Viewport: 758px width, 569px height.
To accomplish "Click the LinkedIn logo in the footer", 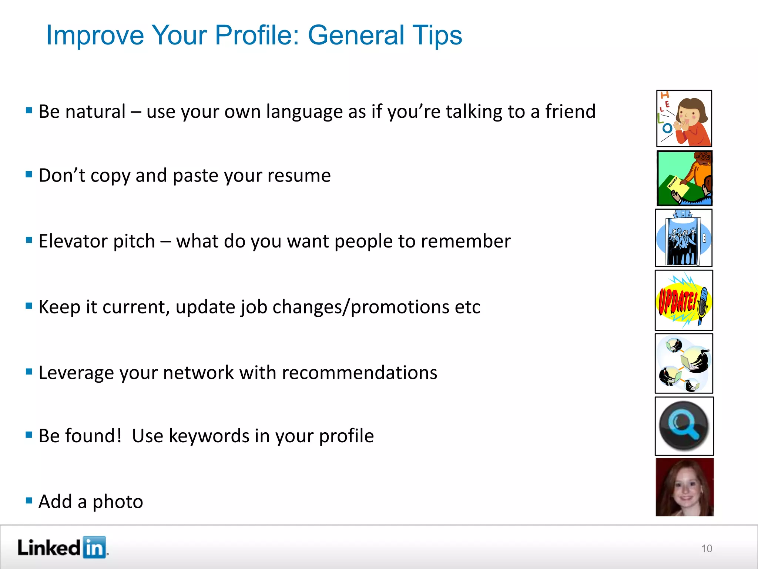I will [62, 547].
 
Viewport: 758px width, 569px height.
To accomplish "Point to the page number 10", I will [706, 549].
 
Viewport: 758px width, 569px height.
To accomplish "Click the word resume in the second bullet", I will [299, 176].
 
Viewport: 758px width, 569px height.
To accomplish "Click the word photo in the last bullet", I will [118, 502].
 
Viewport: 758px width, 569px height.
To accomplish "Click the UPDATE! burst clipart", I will [684, 300].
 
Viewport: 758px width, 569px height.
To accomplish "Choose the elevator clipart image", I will [684, 238].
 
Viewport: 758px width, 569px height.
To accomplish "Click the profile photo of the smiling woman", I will [684, 487].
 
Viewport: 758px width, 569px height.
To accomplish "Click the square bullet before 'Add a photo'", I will [29, 501].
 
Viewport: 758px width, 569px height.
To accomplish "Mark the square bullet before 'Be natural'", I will [29, 110].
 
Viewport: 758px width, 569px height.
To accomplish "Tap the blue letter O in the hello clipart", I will [667, 128].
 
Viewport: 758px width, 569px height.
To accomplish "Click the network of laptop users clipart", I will [684, 363].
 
